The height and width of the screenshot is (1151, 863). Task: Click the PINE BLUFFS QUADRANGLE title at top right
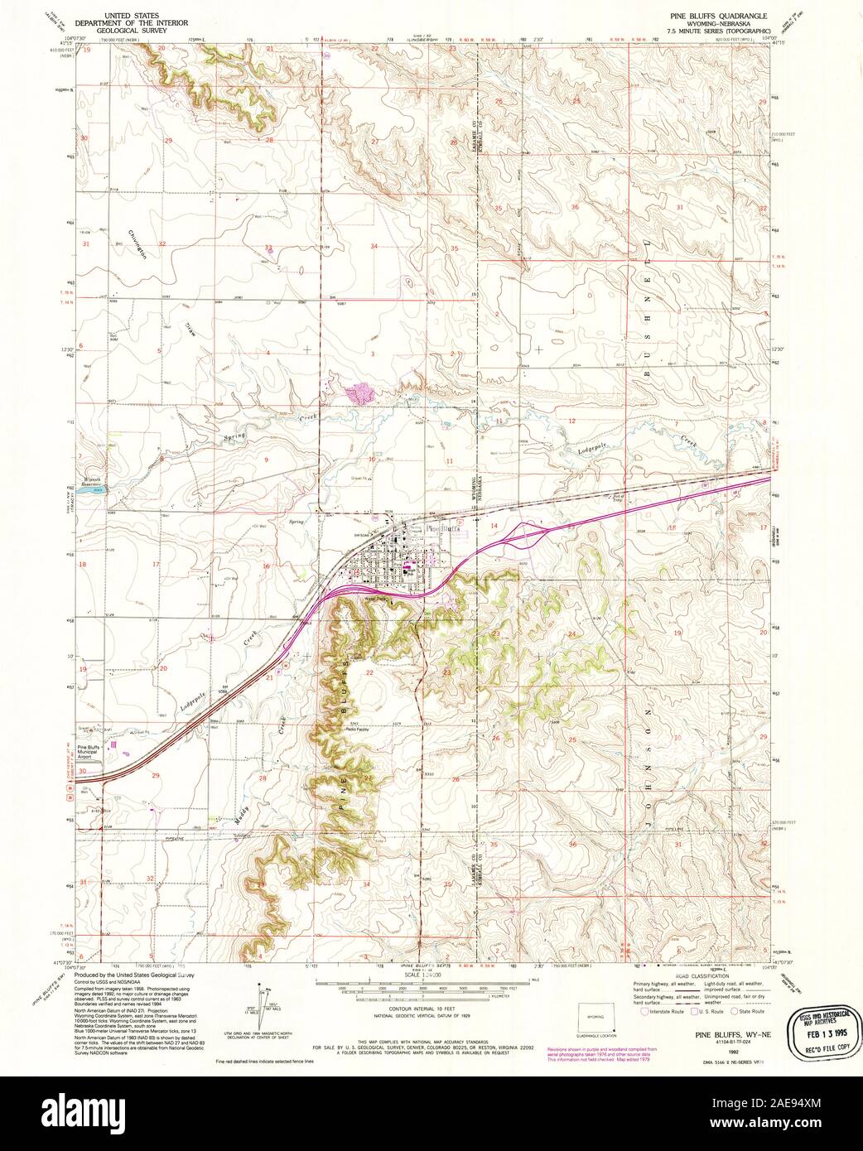(x=719, y=16)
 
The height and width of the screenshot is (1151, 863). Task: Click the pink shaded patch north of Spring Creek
(x=359, y=392)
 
